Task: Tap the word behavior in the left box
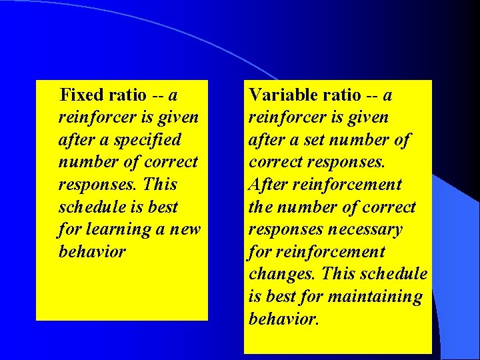[91, 252]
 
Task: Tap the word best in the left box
[163, 207]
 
